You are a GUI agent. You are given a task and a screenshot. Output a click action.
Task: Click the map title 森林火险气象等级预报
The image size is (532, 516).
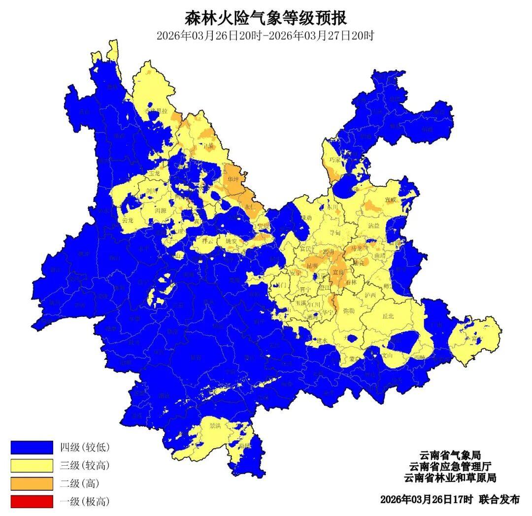click(x=266, y=18)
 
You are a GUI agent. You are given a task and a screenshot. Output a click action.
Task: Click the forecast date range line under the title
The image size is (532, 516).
click(x=266, y=35)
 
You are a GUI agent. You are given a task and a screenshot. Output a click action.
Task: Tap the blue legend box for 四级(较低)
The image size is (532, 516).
click(x=32, y=447)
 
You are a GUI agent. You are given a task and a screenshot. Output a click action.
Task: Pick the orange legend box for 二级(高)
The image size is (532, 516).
click(x=32, y=483)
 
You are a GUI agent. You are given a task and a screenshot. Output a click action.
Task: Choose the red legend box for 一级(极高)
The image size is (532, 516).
click(x=32, y=502)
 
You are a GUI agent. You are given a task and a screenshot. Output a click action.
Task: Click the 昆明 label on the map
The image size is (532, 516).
click(x=312, y=266)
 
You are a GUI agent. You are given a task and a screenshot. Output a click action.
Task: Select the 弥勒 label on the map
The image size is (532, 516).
click(x=348, y=311)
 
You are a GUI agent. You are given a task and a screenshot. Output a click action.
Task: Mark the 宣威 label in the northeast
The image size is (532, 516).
click(x=391, y=200)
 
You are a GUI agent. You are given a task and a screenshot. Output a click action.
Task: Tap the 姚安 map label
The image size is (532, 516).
click(x=232, y=241)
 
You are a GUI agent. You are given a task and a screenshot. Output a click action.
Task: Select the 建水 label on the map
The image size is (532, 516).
click(x=322, y=341)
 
